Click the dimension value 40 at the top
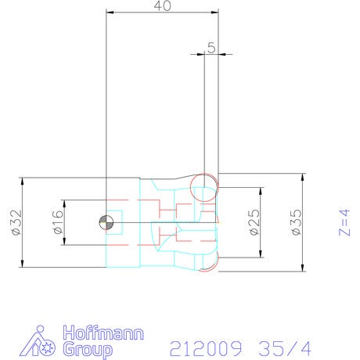click(x=163, y=6)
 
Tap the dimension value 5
click(x=212, y=48)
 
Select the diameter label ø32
click(x=17, y=222)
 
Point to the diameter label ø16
click(x=58, y=222)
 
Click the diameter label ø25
click(x=255, y=222)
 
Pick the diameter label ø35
click(x=297, y=222)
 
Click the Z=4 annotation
click(x=344, y=222)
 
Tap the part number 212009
click(x=206, y=348)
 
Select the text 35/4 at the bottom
click(x=285, y=348)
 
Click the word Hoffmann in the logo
click(x=103, y=333)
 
